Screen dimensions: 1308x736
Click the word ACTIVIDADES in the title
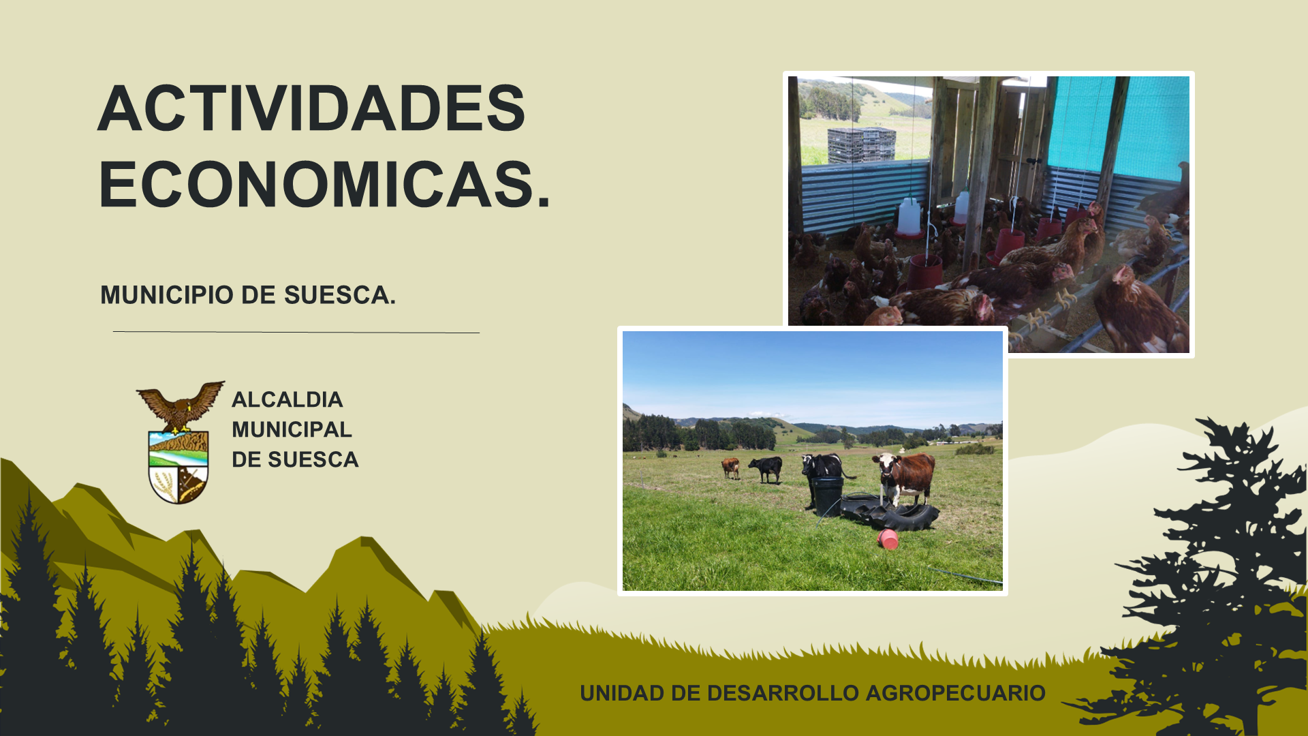pos(312,108)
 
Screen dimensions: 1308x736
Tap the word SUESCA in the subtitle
pos(336,295)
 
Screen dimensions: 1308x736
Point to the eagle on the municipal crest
pos(181,406)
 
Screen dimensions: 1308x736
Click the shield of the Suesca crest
pos(178,467)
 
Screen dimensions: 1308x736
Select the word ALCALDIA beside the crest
pos(287,399)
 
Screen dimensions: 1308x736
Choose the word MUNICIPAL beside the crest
pos(292,429)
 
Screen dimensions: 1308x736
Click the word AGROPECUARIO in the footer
pos(956,693)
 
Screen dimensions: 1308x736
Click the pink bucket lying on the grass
pos(888,539)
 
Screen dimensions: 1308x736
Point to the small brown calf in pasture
pos(730,467)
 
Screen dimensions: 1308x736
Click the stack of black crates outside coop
pos(861,145)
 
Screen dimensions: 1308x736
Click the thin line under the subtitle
pos(296,333)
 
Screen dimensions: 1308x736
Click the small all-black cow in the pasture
pos(766,469)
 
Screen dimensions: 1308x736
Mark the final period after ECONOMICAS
pos(543,202)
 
